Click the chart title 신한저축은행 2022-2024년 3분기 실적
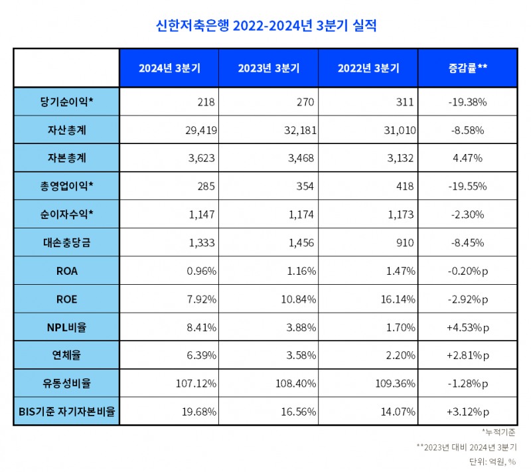point(265,25)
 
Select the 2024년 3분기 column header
point(169,68)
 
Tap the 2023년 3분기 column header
point(269,68)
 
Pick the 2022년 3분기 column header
point(368,68)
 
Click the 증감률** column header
point(468,68)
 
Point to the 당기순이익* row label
point(66,102)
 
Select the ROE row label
point(66,299)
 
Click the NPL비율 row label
point(66,327)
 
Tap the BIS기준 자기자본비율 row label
point(66,412)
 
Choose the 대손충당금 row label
point(66,243)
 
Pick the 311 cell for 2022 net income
point(404,102)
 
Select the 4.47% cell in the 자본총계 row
point(468,159)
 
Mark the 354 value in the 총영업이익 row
point(305,187)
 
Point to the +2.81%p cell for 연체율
point(468,355)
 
